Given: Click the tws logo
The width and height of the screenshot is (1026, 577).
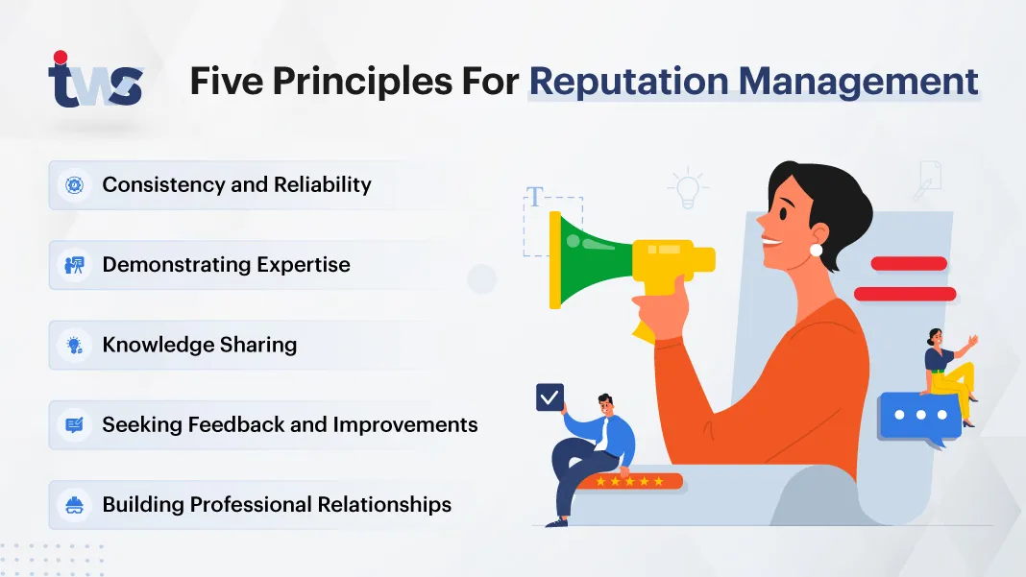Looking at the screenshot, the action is (x=95, y=80).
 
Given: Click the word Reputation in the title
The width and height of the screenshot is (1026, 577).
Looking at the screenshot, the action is (x=629, y=82).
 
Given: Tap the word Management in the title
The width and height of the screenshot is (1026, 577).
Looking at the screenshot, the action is (x=859, y=83).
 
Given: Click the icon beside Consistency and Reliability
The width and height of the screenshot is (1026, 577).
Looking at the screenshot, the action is (x=75, y=185).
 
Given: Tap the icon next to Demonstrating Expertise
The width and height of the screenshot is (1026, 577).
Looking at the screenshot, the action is (x=75, y=265).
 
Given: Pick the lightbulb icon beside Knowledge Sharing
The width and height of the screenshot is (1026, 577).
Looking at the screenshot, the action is (x=75, y=345).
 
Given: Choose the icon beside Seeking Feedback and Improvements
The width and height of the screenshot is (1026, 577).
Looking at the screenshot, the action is (x=75, y=425).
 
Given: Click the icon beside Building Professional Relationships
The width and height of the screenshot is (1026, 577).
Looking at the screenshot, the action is (x=75, y=505).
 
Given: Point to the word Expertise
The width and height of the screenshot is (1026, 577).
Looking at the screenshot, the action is (x=304, y=265).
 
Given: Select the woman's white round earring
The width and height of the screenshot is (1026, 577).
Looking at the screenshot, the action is (x=816, y=250).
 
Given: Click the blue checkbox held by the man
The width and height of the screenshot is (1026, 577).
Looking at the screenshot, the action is (x=550, y=397).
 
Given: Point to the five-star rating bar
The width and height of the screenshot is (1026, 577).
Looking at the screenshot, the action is (x=629, y=482).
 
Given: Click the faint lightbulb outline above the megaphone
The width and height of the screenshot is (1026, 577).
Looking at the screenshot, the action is (x=688, y=188).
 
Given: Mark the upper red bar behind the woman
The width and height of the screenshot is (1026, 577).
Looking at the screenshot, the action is (x=909, y=264).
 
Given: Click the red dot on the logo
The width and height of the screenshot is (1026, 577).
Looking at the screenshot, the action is (x=61, y=57).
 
